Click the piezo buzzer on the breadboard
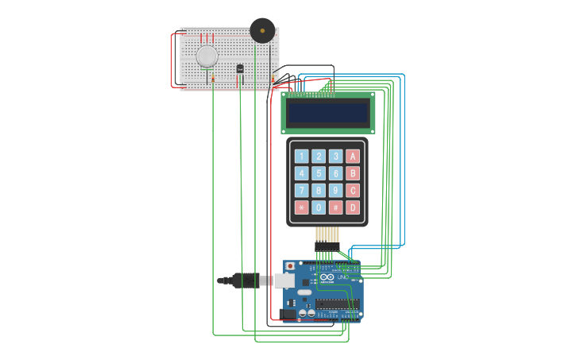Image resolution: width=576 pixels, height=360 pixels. pos(262,31)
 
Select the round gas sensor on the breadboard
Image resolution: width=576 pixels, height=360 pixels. pos(207,56)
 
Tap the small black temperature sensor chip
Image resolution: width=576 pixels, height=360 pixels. pos(240,68)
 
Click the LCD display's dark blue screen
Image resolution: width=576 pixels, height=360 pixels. pos(327,113)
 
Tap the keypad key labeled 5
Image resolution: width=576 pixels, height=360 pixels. pos(319,173)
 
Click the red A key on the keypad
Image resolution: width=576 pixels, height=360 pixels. pos(353,157)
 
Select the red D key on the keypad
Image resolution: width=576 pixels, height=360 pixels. pos(353,207)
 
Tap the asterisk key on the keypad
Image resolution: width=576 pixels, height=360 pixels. pos(302,207)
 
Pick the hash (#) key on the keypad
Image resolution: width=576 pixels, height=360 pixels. pos(336,207)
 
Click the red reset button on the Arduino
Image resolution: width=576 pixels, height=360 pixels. pos(291,265)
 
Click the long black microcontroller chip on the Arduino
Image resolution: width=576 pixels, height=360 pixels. pos(337,303)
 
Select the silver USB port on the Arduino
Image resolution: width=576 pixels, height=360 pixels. pos(284,280)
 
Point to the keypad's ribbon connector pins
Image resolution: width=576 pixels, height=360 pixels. pos(327,235)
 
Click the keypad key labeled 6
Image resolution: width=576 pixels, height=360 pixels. pos(336,173)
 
